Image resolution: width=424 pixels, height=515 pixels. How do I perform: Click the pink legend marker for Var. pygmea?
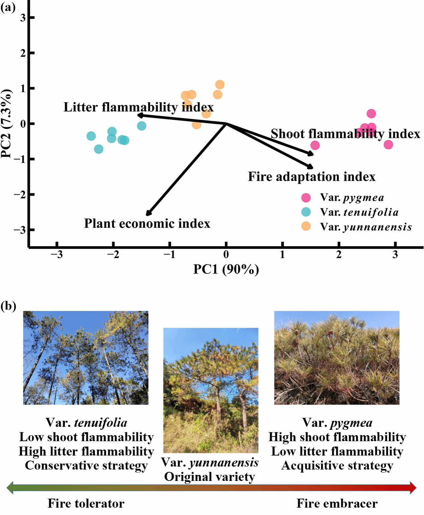306,198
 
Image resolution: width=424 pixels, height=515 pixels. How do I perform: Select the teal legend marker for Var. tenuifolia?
306,212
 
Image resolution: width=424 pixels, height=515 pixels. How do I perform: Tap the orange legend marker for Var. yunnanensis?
306,226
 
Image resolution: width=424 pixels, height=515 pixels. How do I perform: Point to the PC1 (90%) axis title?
226,269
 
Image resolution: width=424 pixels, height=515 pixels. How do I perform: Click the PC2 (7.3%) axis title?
7,124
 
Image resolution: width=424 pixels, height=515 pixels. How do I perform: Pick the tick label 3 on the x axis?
395,255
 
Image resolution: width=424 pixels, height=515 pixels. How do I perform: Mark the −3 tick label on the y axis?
20,230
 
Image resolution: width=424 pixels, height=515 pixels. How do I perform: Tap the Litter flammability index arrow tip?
139,115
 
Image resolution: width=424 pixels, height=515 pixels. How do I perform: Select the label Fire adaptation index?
312,177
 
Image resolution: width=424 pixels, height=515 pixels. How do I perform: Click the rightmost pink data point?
388,145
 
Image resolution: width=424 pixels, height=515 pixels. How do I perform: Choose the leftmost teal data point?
91,136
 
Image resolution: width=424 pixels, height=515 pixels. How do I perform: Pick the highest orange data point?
220,84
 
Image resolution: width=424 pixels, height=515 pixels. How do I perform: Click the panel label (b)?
8,306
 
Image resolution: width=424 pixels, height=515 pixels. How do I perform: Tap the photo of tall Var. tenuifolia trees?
86,358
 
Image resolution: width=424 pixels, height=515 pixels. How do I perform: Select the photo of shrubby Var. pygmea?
337,358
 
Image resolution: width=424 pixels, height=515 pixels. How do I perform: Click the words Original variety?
210,477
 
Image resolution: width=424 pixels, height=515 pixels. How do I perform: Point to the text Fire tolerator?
86,504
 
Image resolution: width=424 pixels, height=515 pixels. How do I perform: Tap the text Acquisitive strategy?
337,466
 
